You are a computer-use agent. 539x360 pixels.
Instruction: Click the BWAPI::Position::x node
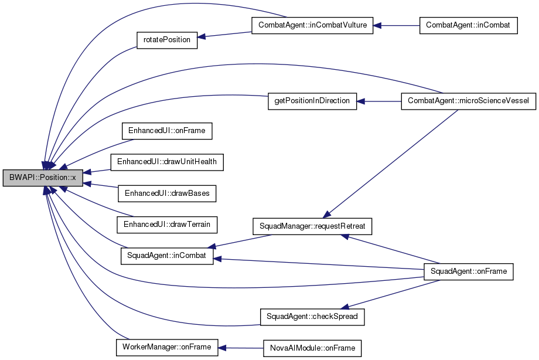point(43,178)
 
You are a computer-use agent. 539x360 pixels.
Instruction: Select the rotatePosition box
point(167,40)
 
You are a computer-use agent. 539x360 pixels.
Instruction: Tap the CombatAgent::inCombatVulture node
point(312,25)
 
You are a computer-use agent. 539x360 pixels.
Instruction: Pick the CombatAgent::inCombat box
point(468,25)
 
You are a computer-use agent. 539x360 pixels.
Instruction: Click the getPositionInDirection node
point(312,101)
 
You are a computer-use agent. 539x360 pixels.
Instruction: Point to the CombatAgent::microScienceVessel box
point(468,101)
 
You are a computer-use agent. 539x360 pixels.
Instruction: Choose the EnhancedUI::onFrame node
point(167,131)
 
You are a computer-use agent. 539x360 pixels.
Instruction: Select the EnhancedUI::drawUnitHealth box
point(167,162)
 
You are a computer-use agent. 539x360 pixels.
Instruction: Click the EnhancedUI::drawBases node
point(167,193)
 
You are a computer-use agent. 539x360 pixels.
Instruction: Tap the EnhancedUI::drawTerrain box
point(167,225)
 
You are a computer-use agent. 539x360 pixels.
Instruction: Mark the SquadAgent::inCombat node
point(167,256)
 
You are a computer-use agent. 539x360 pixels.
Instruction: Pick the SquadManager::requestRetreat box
point(312,226)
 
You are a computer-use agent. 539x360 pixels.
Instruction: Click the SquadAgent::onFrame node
point(468,271)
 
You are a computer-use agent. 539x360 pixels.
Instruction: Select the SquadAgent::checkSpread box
point(312,317)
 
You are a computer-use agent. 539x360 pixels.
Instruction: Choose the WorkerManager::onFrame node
point(167,347)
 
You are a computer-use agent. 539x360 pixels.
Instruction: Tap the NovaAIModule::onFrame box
point(312,348)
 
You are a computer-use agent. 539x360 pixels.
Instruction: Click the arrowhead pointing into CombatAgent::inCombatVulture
point(377,25)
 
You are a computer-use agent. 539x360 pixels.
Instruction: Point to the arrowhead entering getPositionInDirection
point(360,101)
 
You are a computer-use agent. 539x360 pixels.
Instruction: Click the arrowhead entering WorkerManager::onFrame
point(222,348)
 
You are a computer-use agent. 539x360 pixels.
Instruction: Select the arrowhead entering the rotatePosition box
point(202,36)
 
